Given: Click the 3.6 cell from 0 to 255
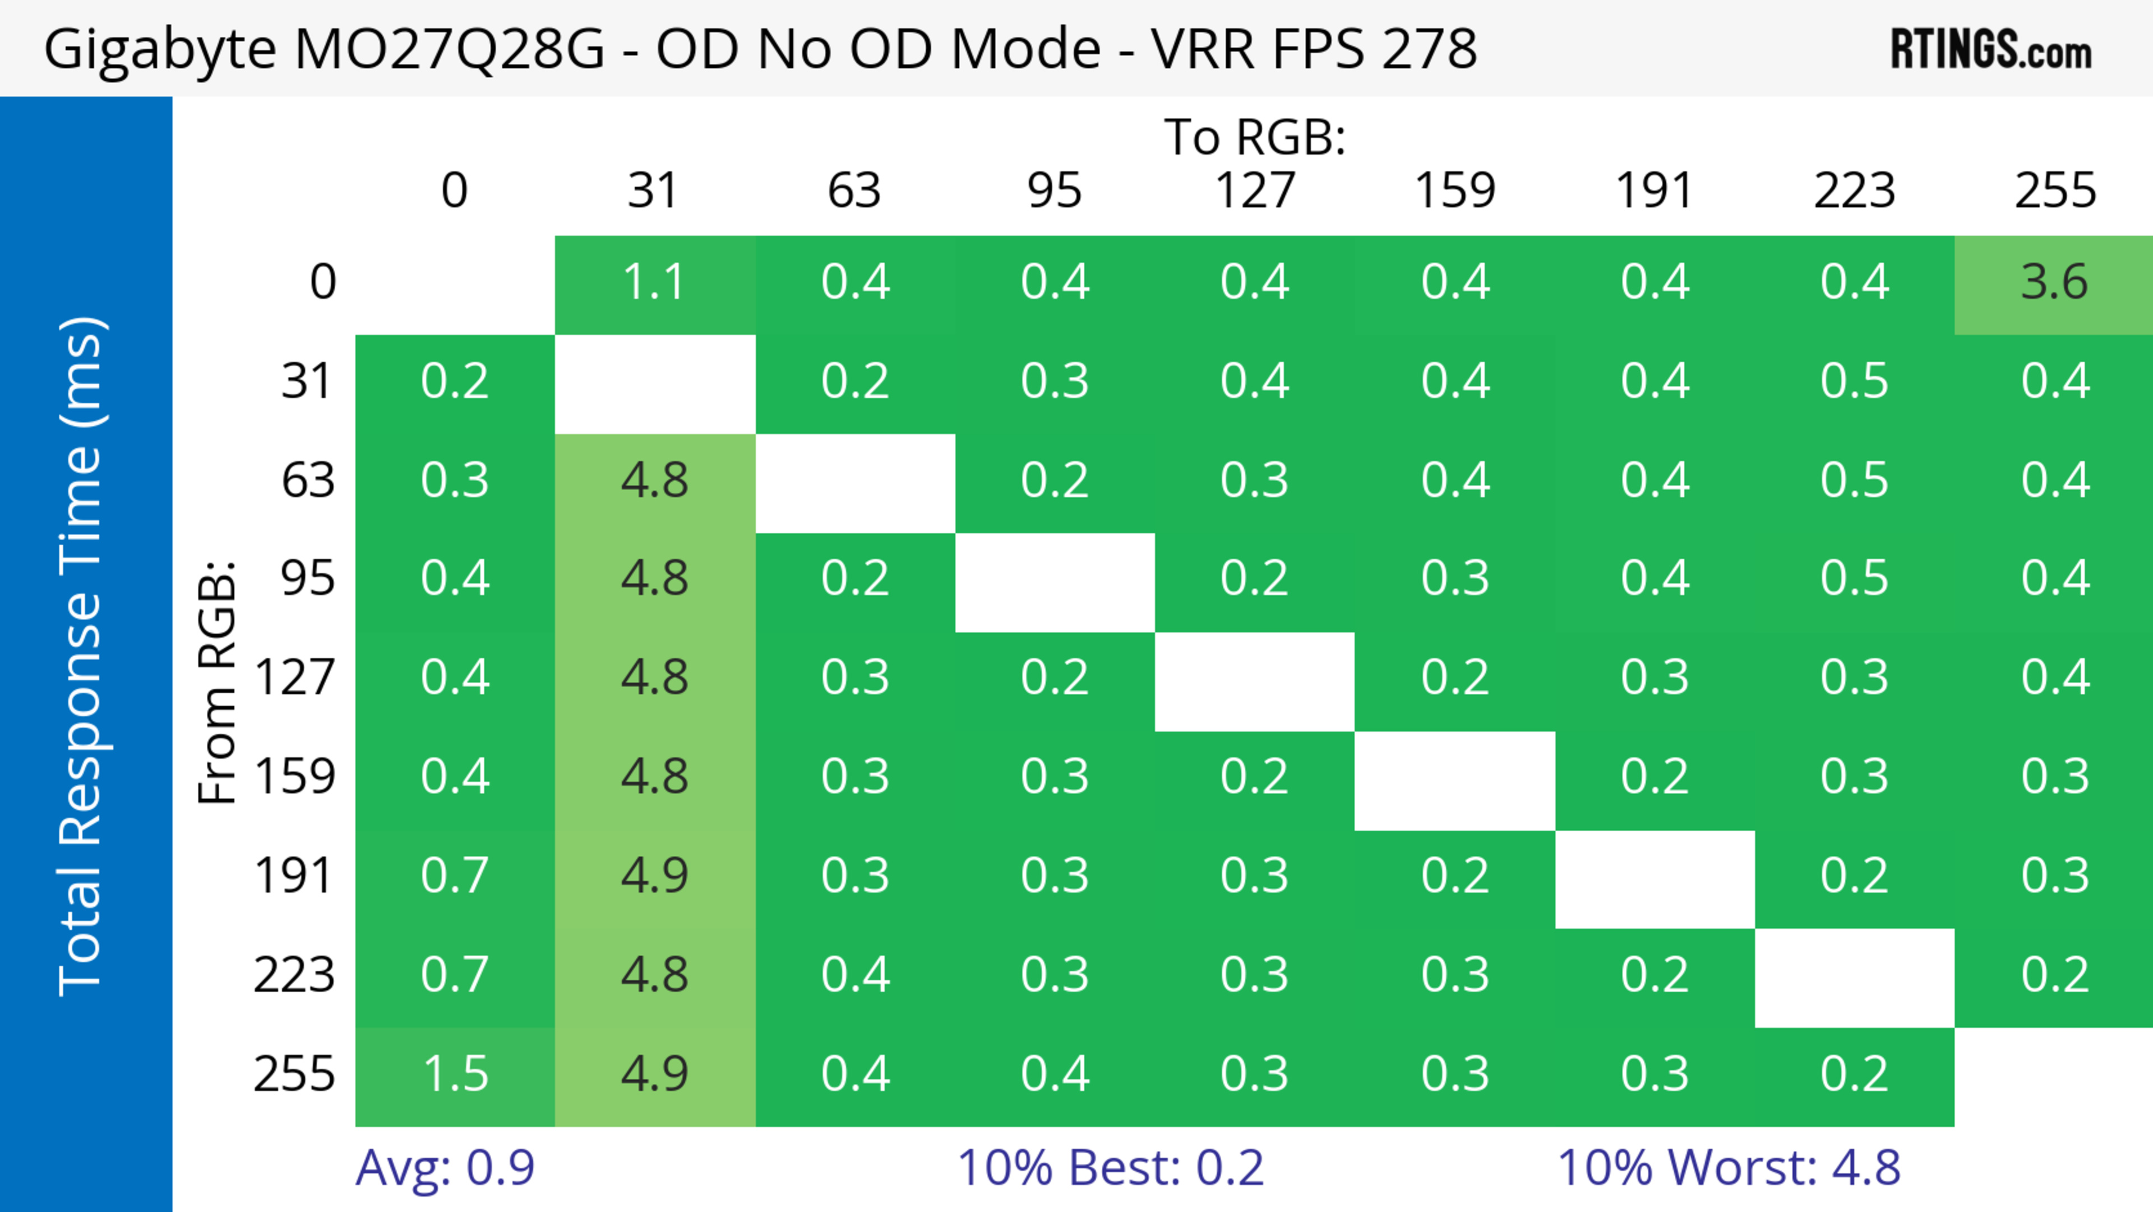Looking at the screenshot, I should [x=2054, y=283].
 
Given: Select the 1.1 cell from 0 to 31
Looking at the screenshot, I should [x=654, y=283].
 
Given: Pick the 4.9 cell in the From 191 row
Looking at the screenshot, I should [x=654, y=876].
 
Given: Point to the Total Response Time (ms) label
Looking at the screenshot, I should [x=82, y=656].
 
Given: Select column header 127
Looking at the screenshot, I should [x=1255, y=191].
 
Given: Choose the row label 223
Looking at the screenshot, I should [x=294, y=975].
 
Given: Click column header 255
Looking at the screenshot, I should [x=2054, y=191].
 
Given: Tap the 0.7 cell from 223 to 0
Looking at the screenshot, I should [x=455, y=975].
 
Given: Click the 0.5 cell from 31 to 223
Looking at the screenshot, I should [x=1854, y=382].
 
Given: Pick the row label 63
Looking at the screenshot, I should [x=308, y=481].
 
